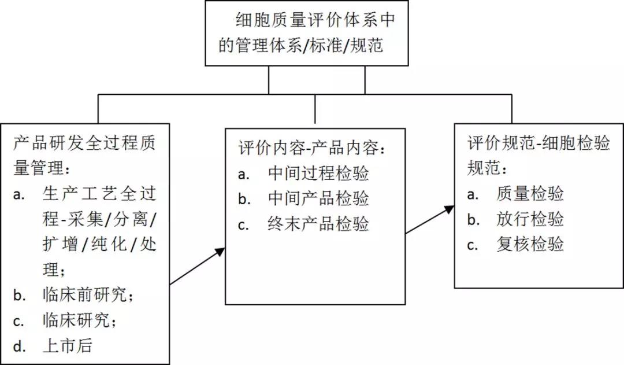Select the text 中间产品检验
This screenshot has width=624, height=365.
point(318,198)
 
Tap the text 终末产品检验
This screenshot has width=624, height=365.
point(318,224)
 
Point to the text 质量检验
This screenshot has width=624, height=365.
point(530,194)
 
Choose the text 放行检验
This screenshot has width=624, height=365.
point(530,219)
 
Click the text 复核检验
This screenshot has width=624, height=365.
point(530,244)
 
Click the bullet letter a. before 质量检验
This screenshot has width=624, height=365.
point(473,194)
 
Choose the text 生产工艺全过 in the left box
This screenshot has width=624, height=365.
point(99,194)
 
